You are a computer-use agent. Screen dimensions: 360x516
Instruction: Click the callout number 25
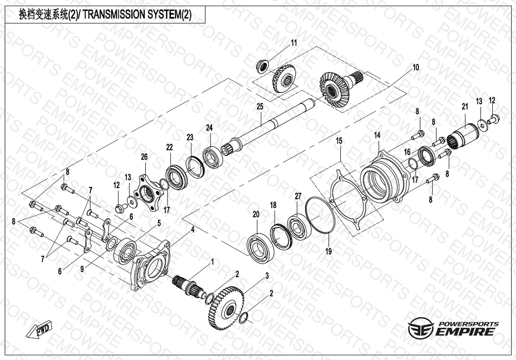(x=259, y=107)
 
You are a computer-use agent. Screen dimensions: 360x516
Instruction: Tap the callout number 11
(x=294, y=43)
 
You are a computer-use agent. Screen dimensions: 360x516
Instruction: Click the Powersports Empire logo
(x=453, y=328)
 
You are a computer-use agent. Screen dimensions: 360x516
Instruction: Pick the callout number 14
(x=377, y=135)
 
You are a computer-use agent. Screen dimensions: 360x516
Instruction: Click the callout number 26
(x=144, y=157)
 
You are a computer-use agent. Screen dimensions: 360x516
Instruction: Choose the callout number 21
(x=464, y=108)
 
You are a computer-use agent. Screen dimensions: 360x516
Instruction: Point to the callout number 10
(x=415, y=68)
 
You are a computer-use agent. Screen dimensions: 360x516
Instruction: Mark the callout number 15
(x=339, y=141)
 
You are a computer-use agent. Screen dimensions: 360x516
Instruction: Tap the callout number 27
(x=298, y=196)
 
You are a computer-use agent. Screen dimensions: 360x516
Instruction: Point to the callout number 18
(x=273, y=205)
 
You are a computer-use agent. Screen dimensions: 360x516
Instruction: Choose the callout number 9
(x=81, y=269)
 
